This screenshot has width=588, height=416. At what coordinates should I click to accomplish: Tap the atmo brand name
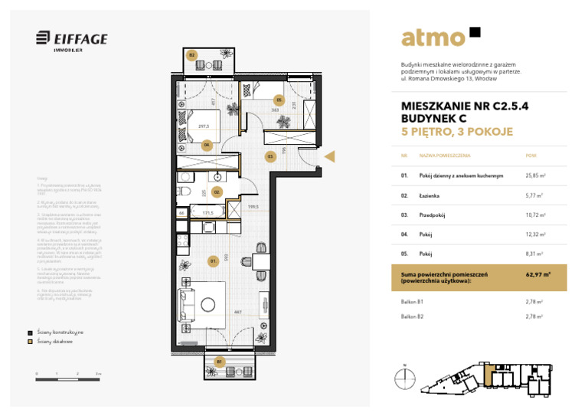tap(433, 38)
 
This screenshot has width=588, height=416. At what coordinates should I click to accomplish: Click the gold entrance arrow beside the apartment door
tap(331, 156)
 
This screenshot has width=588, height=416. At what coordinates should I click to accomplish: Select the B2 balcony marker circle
tap(192, 55)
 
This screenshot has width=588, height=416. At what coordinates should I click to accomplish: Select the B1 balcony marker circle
tap(220, 360)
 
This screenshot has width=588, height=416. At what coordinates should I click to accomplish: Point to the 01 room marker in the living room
tap(214, 261)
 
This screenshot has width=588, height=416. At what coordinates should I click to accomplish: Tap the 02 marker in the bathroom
tap(217, 192)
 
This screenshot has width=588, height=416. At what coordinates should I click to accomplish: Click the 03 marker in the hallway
tap(270, 156)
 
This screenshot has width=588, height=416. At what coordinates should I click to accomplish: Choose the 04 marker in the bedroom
tap(207, 144)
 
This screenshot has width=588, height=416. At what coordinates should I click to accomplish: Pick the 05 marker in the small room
tap(279, 100)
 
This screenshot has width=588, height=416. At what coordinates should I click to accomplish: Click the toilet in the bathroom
tap(184, 192)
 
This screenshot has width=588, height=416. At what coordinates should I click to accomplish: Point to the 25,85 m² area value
tap(534, 175)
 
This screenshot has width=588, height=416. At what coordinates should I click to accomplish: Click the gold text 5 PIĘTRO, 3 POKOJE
tap(456, 132)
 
